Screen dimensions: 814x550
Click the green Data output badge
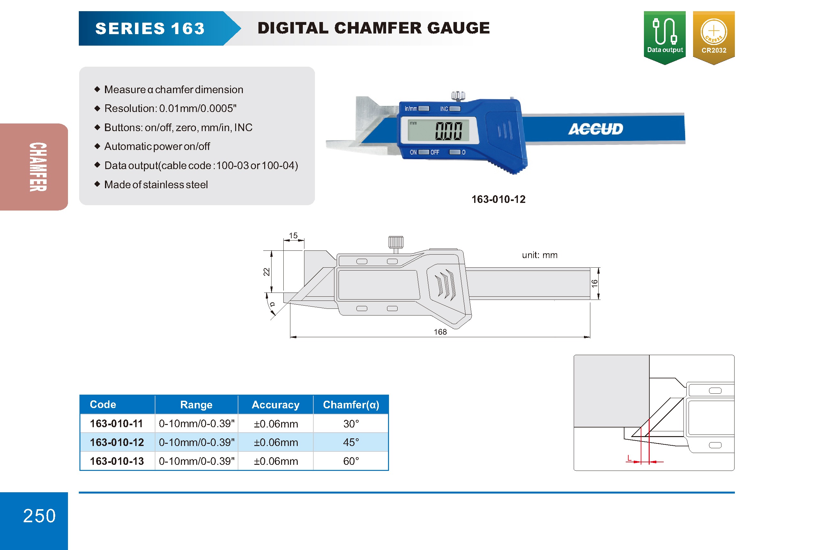[664, 37]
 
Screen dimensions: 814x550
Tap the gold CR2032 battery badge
[713, 37]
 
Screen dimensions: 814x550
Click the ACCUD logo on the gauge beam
[595, 129]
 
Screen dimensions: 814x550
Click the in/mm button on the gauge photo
[423, 108]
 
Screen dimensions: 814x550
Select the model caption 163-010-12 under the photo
[498, 199]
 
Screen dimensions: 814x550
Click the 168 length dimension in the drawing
[440, 331]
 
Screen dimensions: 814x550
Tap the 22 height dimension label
[266, 272]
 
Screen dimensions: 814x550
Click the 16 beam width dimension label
[594, 284]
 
